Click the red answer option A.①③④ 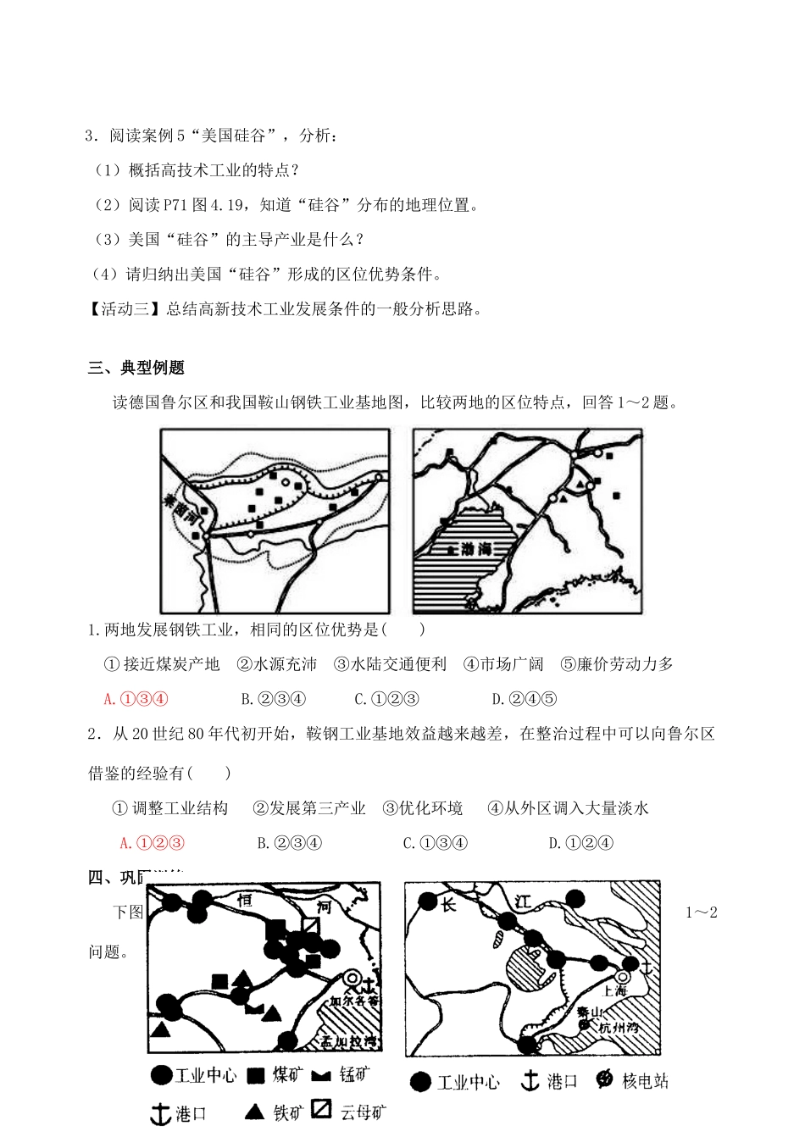pyautogui.click(x=136, y=699)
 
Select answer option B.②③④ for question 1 pyautogui.click(x=273, y=699)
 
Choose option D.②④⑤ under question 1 pyautogui.click(x=524, y=699)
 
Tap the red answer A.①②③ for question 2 pyautogui.click(x=152, y=843)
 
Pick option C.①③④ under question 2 pyautogui.click(x=435, y=843)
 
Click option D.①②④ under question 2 pyautogui.click(x=580, y=843)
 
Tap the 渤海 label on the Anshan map pyautogui.click(x=475, y=549)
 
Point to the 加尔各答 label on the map pyautogui.click(x=354, y=1001)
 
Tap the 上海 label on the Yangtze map pyautogui.click(x=614, y=990)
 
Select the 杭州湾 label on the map pyautogui.click(x=619, y=1027)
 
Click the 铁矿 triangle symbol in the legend pyautogui.click(x=253, y=1112)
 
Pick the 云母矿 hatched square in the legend pyautogui.click(x=321, y=1109)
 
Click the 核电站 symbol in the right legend pyautogui.click(x=604, y=1079)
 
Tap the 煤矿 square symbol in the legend pyautogui.click(x=256, y=1076)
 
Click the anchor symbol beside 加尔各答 pyautogui.click(x=368, y=984)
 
